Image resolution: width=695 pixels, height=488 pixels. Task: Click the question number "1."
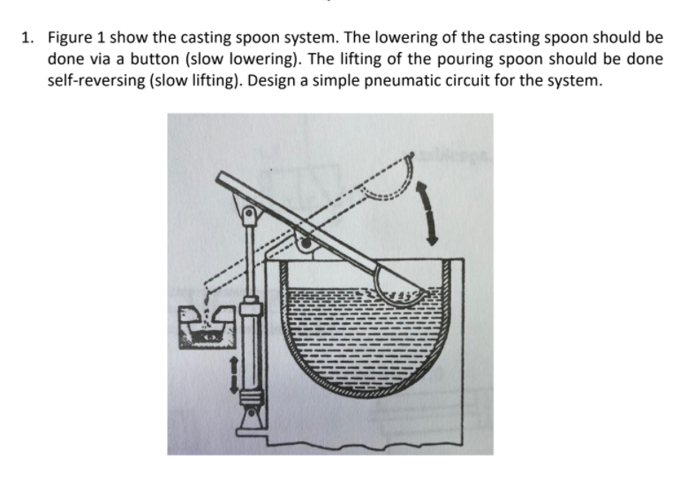28,39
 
